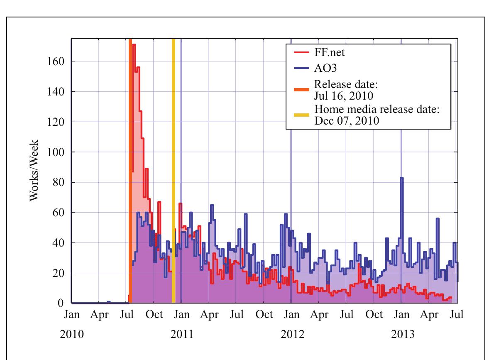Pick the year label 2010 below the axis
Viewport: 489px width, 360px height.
(x=72, y=335)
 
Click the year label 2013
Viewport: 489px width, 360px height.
(x=402, y=335)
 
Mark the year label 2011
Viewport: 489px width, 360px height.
(x=181, y=335)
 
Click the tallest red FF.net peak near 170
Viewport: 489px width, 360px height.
(x=134, y=45)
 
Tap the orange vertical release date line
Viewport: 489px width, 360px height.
(x=130, y=166)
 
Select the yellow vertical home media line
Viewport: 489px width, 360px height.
(x=174, y=166)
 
